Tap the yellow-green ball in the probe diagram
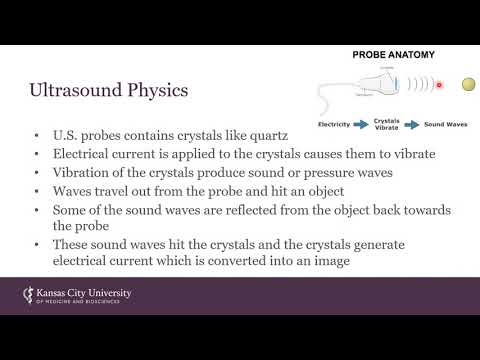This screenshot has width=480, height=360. pyautogui.click(x=467, y=85)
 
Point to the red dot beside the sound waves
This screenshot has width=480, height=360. pyautogui.click(x=438, y=86)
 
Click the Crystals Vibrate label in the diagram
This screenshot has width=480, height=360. pyautogui.click(x=386, y=124)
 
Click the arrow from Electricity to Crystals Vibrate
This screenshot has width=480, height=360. pyautogui.click(x=363, y=125)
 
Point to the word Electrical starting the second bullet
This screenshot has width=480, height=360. pyautogui.click(x=79, y=155)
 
